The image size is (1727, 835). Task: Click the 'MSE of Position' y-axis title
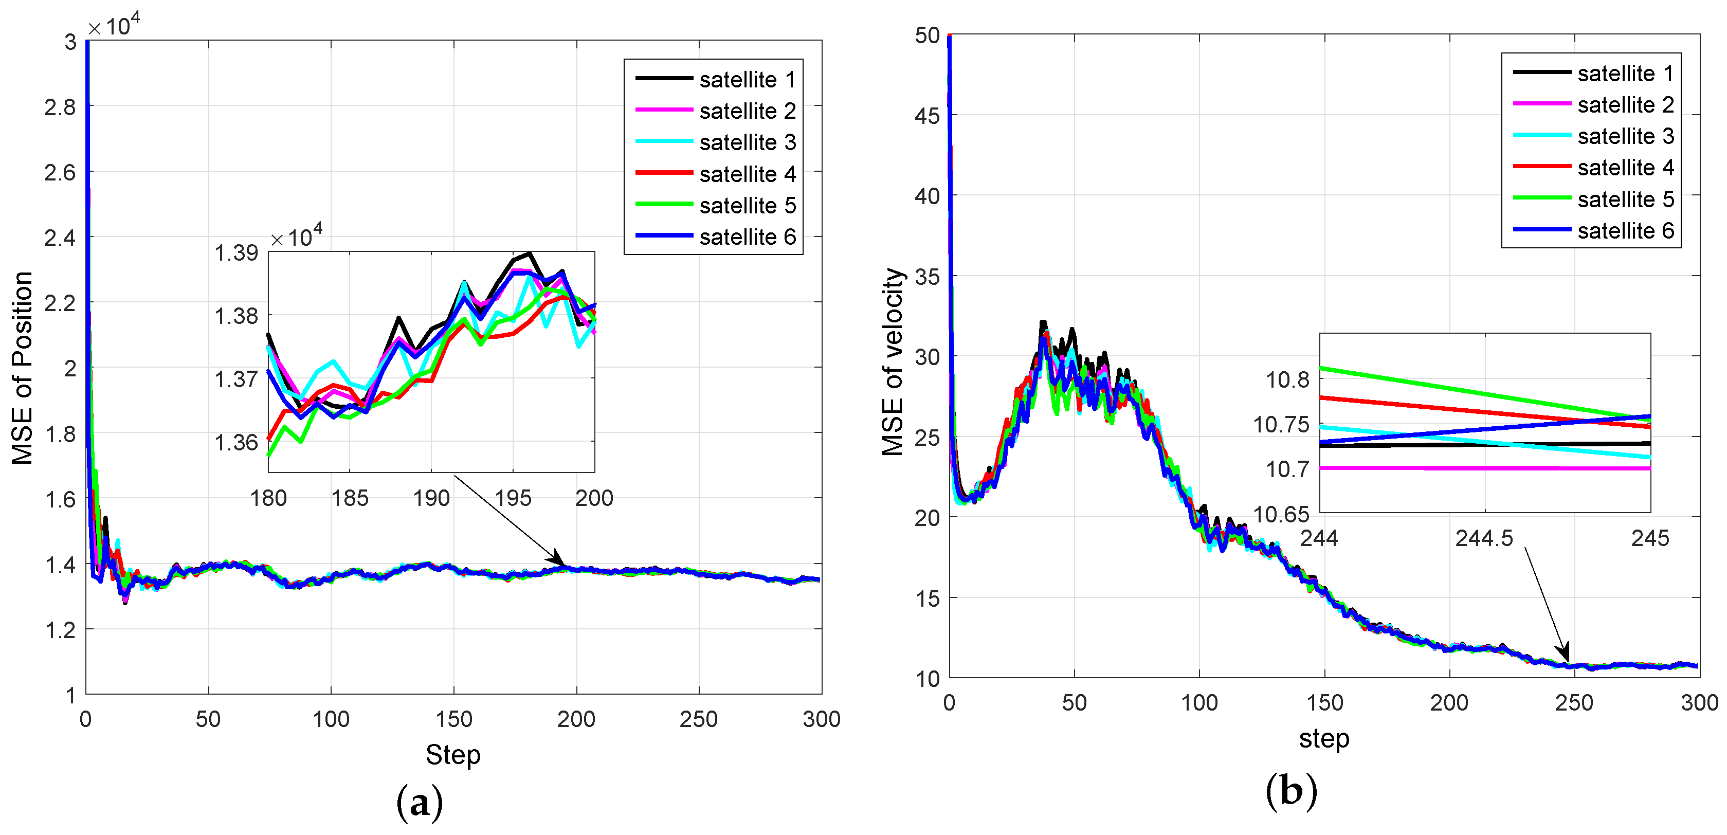click(x=23, y=368)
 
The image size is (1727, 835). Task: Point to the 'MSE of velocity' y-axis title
click(x=893, y=362)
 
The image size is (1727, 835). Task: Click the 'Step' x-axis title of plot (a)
click(x=452, y=754)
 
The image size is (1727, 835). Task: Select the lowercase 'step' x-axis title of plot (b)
click(x=1323, y=738)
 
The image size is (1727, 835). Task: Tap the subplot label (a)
click(x=420, y=802)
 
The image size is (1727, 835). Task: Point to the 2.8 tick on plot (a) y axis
click(x=60, y=107)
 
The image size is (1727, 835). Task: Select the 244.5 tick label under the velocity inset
click(x=1484, y=538)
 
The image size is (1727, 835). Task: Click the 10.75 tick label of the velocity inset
click(x=1281, y=425)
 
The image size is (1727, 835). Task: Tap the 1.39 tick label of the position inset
click(x=235, y=253)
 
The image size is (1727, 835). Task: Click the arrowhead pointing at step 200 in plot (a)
click(x=558, y=560)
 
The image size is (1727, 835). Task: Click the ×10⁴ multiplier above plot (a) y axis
click(x=114, y=26)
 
